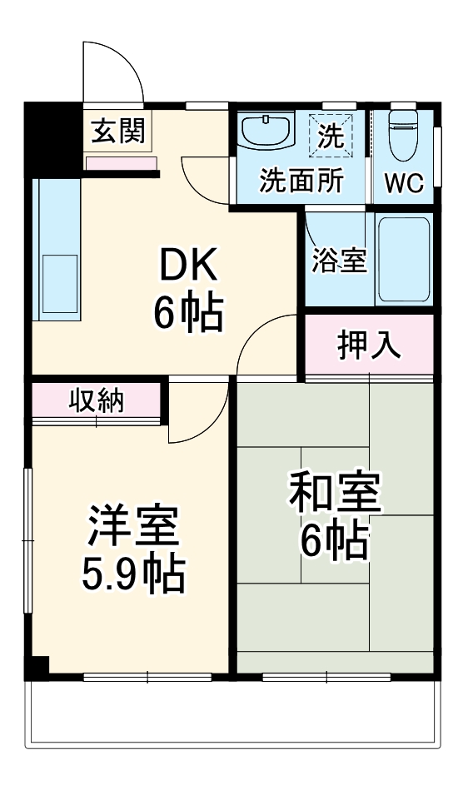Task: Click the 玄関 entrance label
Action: (x=118, y=131)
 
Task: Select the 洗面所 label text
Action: (x=301, y=181)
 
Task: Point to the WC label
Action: (x=404, y=182)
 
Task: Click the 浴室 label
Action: (x=339, y=260)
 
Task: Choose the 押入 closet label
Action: (x=369, y=345)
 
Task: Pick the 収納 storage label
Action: (x=96, y=400)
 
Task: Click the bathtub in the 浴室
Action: (x=403, y=259)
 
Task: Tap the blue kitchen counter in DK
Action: (x=57, y=250)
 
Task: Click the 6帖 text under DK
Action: (x=188, y=312)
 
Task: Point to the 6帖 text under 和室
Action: (x=334, y=541)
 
